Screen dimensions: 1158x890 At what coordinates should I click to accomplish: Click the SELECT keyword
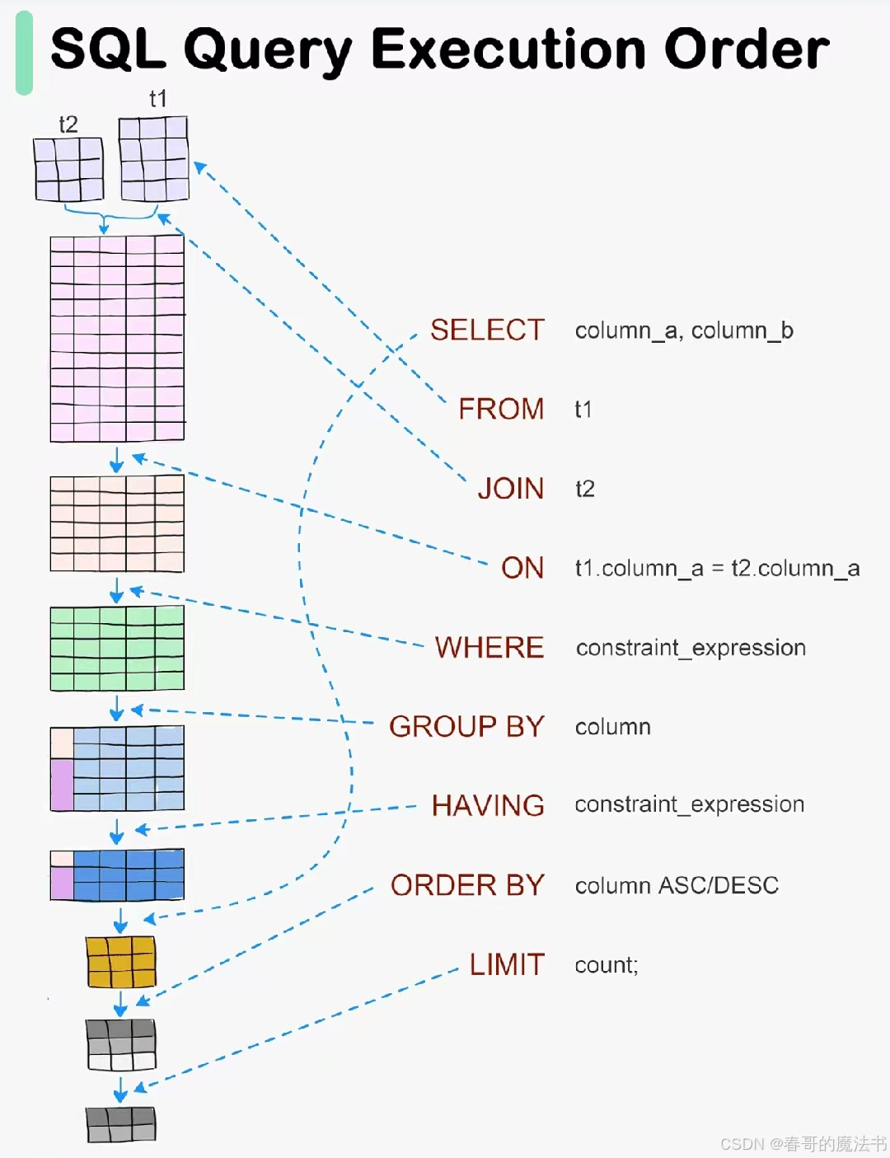(487, 330)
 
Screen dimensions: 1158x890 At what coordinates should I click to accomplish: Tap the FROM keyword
(501, 409)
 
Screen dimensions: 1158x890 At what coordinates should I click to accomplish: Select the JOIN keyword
(511, 488)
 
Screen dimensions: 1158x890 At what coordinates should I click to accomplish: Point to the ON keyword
(522, 567)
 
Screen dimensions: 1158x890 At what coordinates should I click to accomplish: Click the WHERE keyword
(489, 647)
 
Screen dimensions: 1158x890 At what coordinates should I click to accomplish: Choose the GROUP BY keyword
(466, 726)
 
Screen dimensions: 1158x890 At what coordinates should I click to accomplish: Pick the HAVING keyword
(488, 805)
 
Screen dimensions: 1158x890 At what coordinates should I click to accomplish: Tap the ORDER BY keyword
(467, 885)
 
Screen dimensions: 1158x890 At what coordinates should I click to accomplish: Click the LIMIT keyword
(507, 964)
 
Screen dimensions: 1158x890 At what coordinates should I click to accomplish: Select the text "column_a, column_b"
(684, 331)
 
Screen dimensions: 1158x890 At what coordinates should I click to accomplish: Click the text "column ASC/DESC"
(677, 885)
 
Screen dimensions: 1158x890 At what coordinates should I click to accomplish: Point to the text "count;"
(607, 965)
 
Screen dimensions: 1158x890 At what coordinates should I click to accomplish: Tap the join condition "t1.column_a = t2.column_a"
(717, 568)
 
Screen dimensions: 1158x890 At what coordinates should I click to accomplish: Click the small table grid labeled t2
(69, 169)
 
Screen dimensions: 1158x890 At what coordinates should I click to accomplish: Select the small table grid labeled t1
(154, 158)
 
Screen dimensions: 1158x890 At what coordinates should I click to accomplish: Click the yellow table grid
(121, 962)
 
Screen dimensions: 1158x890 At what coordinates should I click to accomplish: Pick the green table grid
(117, 649)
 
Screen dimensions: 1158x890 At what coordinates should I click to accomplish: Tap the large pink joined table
(117, 339)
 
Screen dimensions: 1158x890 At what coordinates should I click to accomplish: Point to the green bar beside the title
(24, 54)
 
